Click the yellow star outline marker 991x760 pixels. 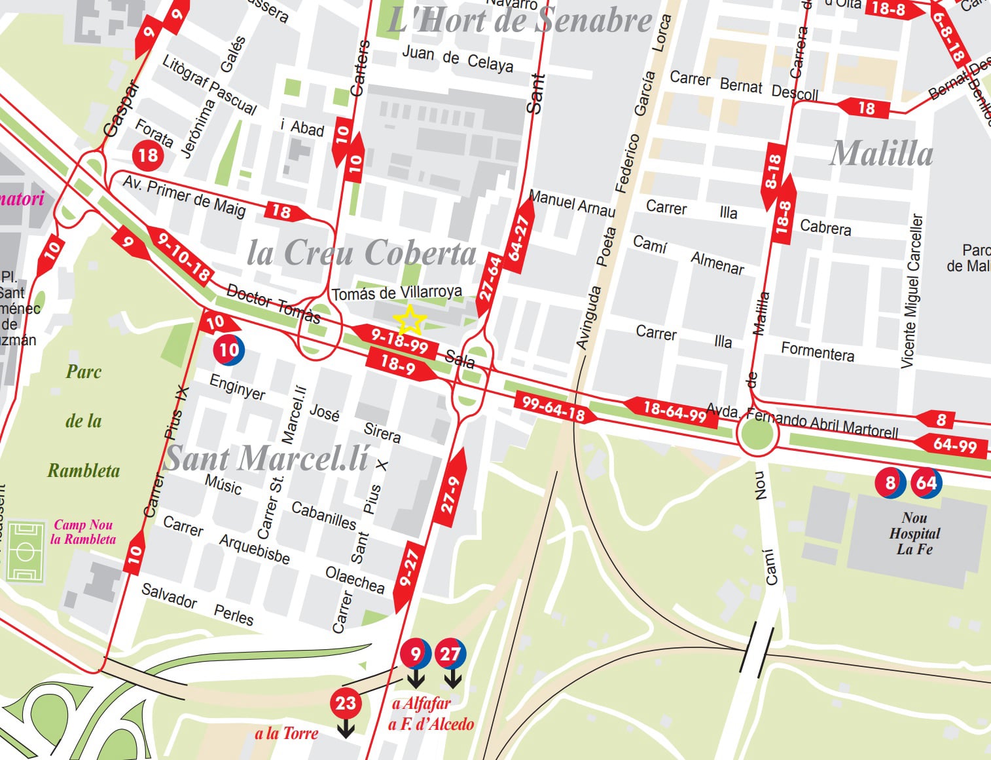click(410, 320)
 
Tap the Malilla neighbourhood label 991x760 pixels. click(881, 154)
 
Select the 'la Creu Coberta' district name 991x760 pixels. click(361, 253)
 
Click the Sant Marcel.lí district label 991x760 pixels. click(266, 458)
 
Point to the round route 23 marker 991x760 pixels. click(346, 704)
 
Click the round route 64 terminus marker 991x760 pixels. click(926, 484)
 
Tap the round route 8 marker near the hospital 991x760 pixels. click(890, 484)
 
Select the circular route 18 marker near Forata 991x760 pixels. click(148, 155)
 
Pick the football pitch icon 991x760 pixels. click(25, 552)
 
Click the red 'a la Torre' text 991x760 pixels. click(286, 733)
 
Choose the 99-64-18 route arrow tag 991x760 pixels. click(554, 408)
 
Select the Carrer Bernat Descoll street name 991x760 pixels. click(744, 86)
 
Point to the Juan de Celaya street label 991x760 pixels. click(457, 58)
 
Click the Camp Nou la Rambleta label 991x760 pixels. click(83, 532)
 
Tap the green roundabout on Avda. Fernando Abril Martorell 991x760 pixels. click(757, 436)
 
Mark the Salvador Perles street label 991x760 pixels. click(197, 604)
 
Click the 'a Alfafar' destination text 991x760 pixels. click(422, 704)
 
